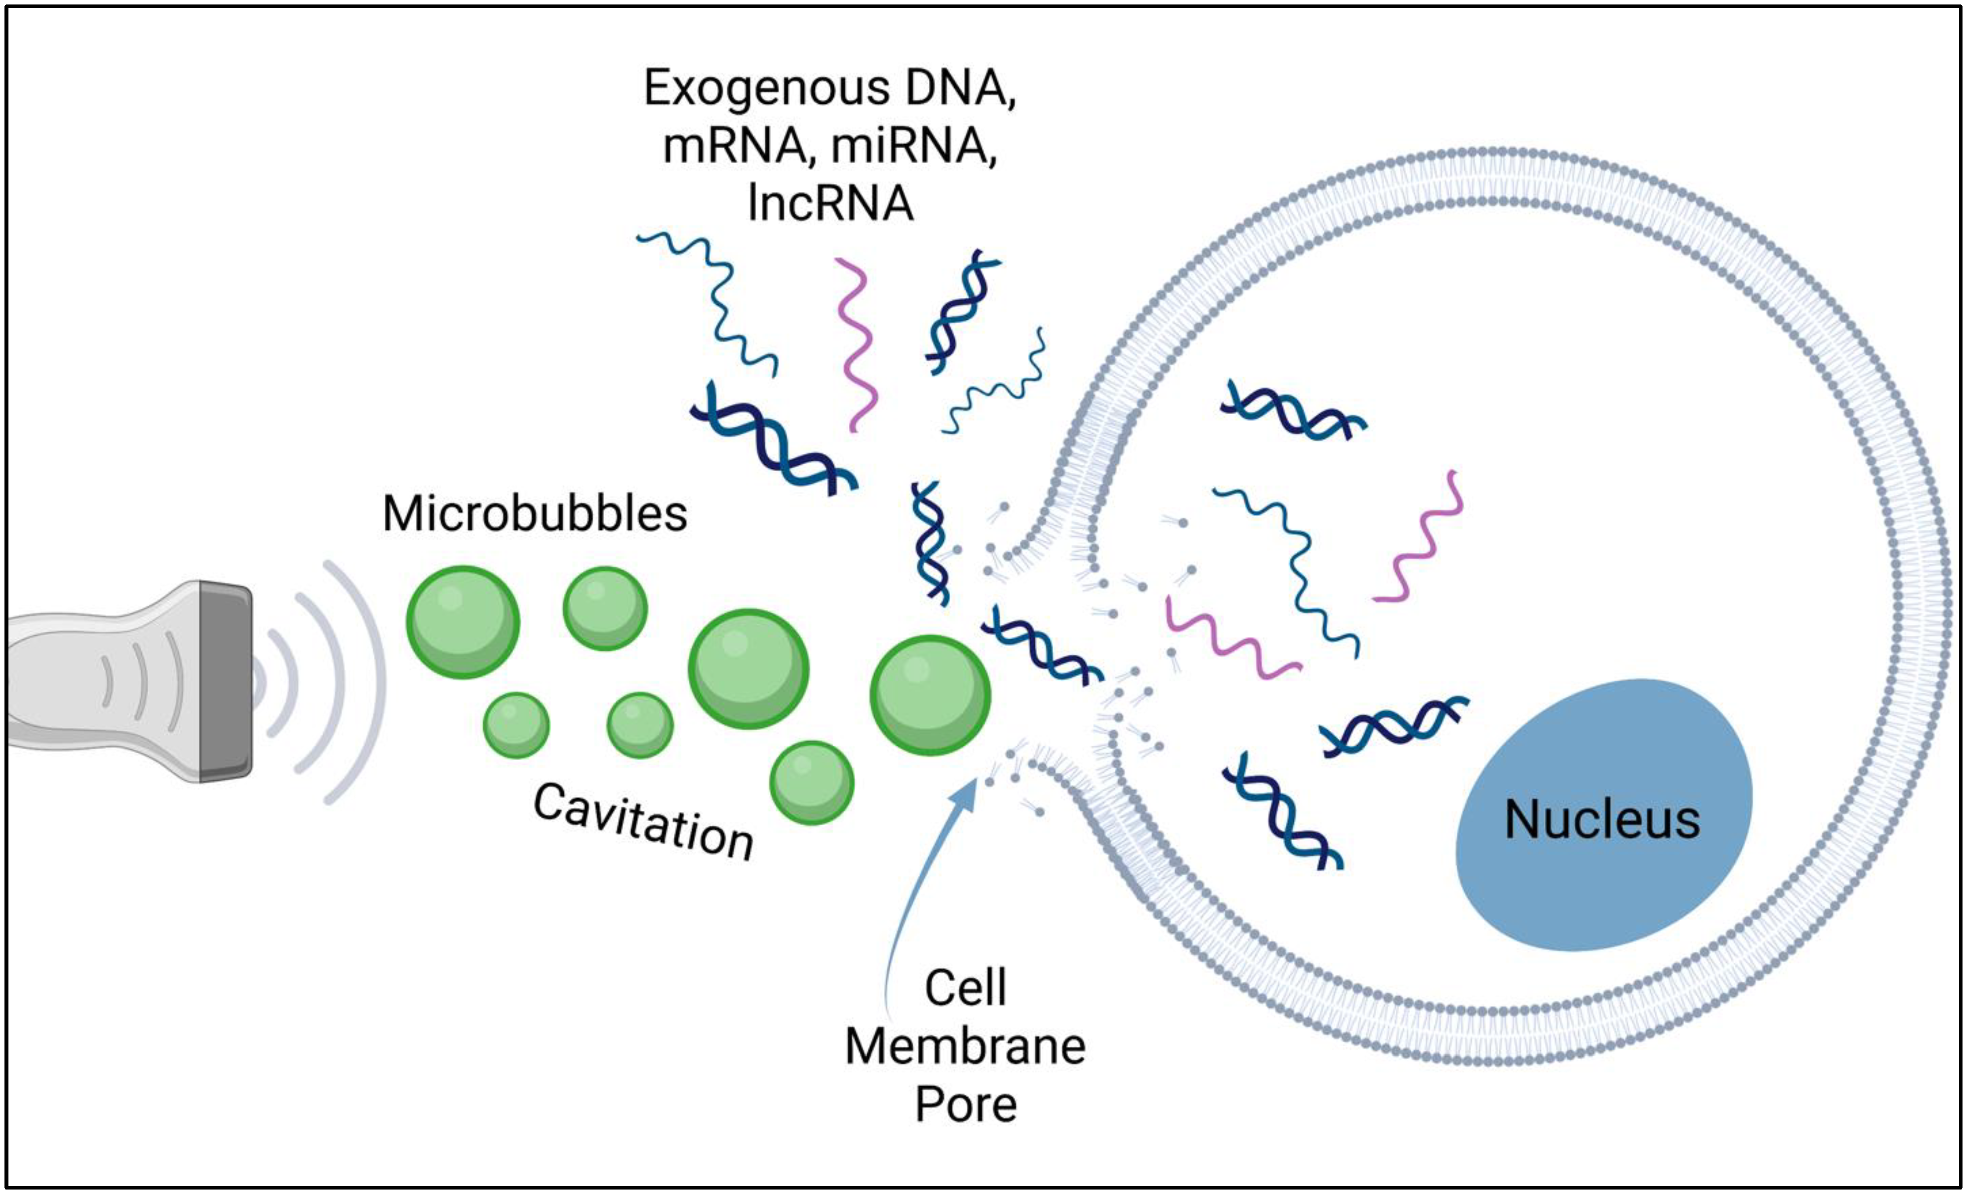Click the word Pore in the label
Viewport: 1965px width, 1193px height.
click(965, 1105)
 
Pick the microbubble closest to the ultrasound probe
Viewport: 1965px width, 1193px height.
click(462, 622)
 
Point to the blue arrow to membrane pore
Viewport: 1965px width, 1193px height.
click(917, 877)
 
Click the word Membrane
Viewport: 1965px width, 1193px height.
click(965, 1046)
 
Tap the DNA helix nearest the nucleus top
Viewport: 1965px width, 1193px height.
click(1392, 726)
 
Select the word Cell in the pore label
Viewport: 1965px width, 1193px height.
click(965, 988)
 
